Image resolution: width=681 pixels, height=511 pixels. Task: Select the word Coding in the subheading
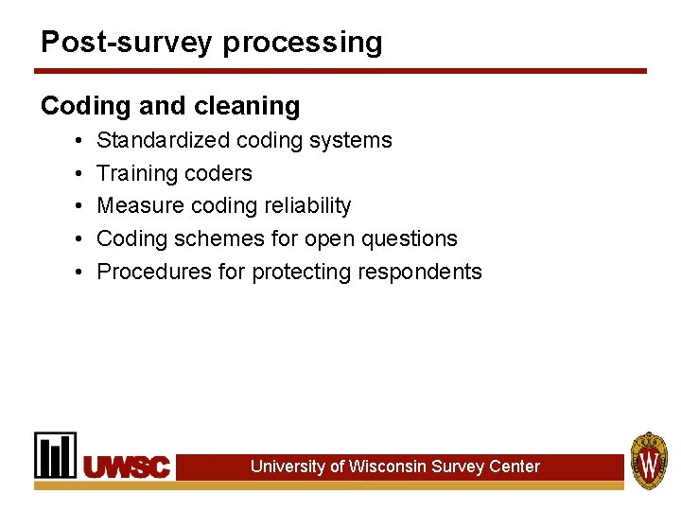coord(79,106)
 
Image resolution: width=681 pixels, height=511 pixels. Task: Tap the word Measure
coord(138,205)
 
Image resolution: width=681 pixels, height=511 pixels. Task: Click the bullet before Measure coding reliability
coord(75,206)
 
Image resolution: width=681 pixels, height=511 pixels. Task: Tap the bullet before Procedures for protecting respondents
coord(75,273)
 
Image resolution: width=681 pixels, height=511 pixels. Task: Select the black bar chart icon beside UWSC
coord(56,455)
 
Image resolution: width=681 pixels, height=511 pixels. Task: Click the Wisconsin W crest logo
coord(649,460)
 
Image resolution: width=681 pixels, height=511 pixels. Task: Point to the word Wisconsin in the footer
coord(387,467)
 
